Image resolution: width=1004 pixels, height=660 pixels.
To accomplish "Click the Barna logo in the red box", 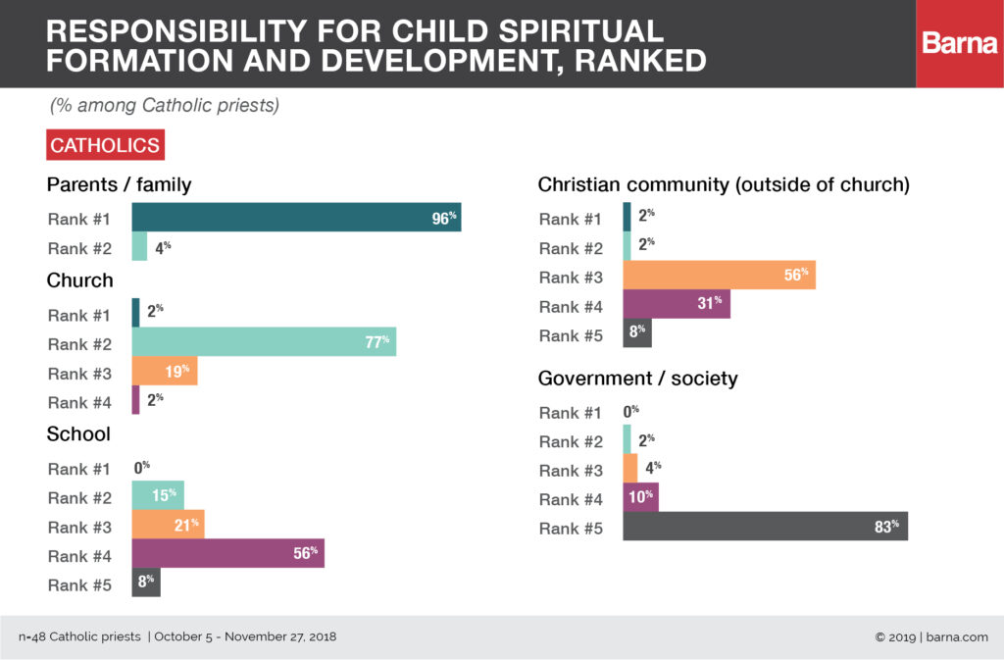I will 959,44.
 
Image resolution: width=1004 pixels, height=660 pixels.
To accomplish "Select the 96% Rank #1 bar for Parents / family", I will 296,218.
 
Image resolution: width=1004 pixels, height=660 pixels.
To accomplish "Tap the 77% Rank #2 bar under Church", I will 264,341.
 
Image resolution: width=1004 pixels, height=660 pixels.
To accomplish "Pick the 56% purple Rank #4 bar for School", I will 227,553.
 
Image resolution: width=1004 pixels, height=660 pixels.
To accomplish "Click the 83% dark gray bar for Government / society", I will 765,527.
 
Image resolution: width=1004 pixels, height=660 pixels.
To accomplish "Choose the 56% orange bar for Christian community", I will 719,276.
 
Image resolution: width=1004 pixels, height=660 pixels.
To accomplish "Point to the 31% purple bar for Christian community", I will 677,305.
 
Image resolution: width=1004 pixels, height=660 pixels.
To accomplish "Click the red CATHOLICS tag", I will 105,145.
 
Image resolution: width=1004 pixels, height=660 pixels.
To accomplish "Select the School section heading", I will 78,433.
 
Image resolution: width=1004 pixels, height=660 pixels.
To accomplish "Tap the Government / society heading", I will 637,379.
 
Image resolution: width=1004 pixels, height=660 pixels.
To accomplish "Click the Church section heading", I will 79,280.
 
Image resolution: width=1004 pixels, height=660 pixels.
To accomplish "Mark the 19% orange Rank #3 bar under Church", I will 165,371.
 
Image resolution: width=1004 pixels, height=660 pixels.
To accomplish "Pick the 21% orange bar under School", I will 168,525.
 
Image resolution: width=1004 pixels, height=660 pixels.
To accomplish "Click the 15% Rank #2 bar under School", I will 158,495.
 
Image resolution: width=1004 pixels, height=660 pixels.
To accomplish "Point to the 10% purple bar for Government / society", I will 640,497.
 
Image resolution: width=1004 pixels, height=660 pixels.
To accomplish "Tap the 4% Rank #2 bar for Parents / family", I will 139,247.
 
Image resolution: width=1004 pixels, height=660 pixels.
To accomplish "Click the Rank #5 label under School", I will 81,585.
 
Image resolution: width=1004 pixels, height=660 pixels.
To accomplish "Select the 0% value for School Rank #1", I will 142,468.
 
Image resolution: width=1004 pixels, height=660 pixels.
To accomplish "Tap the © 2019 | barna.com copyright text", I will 930,637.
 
